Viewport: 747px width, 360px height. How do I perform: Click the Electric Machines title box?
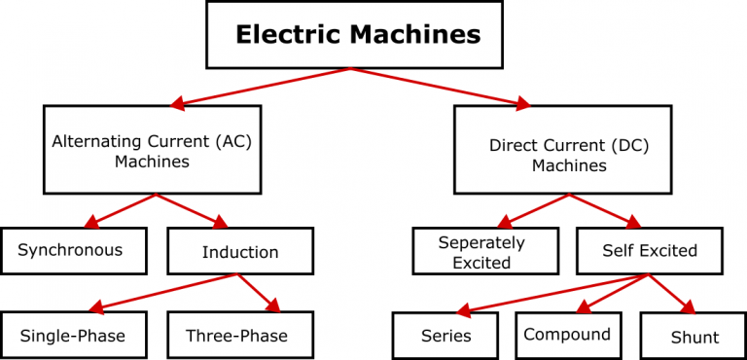[357, 35]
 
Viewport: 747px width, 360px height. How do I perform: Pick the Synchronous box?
[73, 251]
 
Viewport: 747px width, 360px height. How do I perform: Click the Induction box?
[240, 251]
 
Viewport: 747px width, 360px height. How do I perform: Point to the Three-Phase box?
[239, 336]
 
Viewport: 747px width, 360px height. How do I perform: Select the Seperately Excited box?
[484, 252]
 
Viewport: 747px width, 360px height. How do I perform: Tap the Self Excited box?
[650, 251]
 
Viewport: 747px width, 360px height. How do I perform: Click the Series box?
[446, 336]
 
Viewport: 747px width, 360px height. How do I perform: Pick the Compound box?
[567, 335]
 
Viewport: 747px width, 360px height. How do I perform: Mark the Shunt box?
[694, 337]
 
